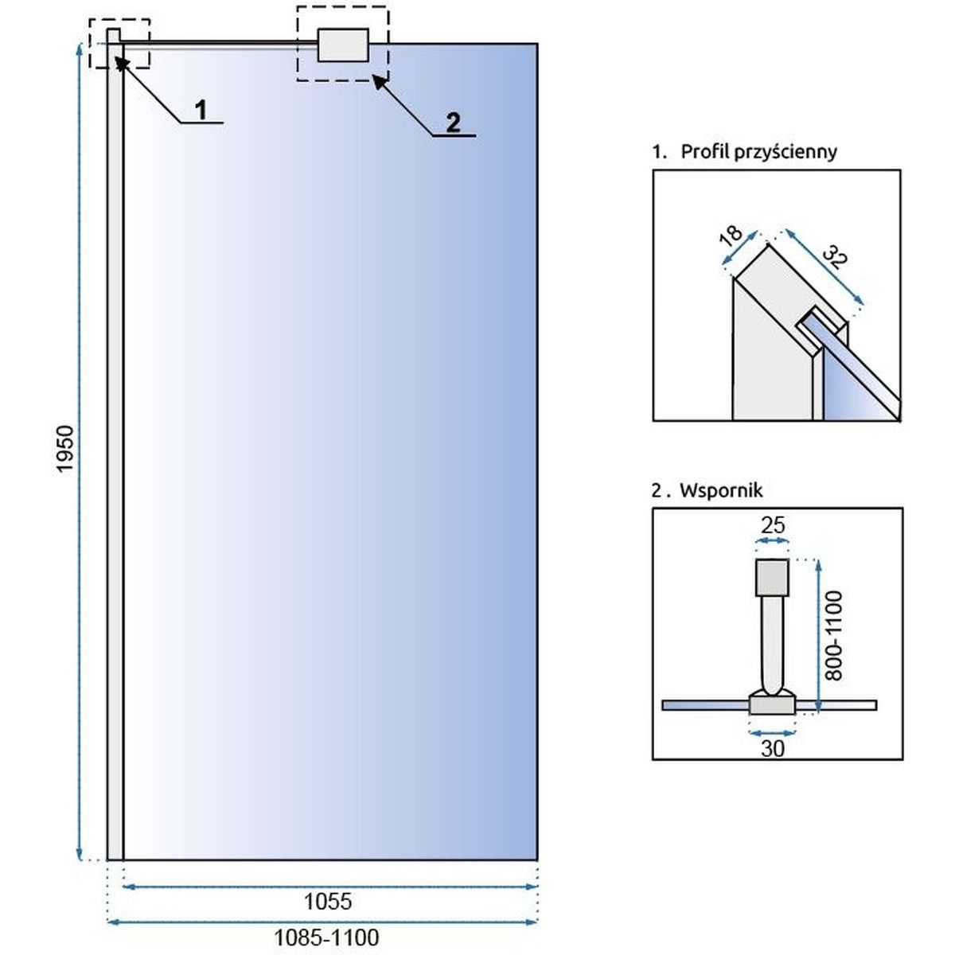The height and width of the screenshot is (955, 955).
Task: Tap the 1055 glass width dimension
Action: [x=328, y=901]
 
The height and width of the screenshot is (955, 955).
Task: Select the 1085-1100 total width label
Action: [x=328, y=937]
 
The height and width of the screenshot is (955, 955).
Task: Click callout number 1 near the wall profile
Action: [x=201, y=110]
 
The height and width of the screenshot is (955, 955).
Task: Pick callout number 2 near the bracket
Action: [x=453, y=123]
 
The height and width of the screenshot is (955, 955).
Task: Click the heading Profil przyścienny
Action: [x=758, y=151]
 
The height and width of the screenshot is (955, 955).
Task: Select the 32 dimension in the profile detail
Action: [x=834, y=258]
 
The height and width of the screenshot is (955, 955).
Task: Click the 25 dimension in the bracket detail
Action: [x=773, y=525]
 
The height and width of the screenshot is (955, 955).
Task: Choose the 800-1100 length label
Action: [x=833, y=635]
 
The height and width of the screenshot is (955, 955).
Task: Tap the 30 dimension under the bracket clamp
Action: [x=773, y=748]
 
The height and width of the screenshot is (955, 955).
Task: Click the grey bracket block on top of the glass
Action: [x=343, y=45]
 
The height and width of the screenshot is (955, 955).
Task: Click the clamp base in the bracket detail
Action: [x=772, y=704]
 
